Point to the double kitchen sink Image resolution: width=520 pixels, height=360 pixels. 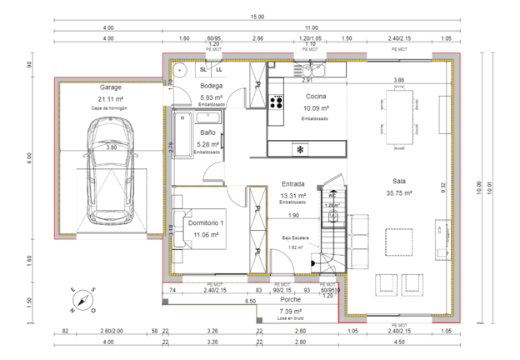click(312, 70)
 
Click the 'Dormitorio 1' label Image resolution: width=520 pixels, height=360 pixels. click(205, 223)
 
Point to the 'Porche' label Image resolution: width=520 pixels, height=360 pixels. click(290, 299)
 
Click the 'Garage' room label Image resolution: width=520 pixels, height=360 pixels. click(111, 87)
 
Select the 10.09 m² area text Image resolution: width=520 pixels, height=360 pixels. click(316, 108)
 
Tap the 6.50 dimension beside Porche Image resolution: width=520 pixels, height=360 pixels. click(249, 300)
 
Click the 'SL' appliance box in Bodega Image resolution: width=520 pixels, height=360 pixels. click(202, 69)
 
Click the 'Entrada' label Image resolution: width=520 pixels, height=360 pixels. click(293, 184)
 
